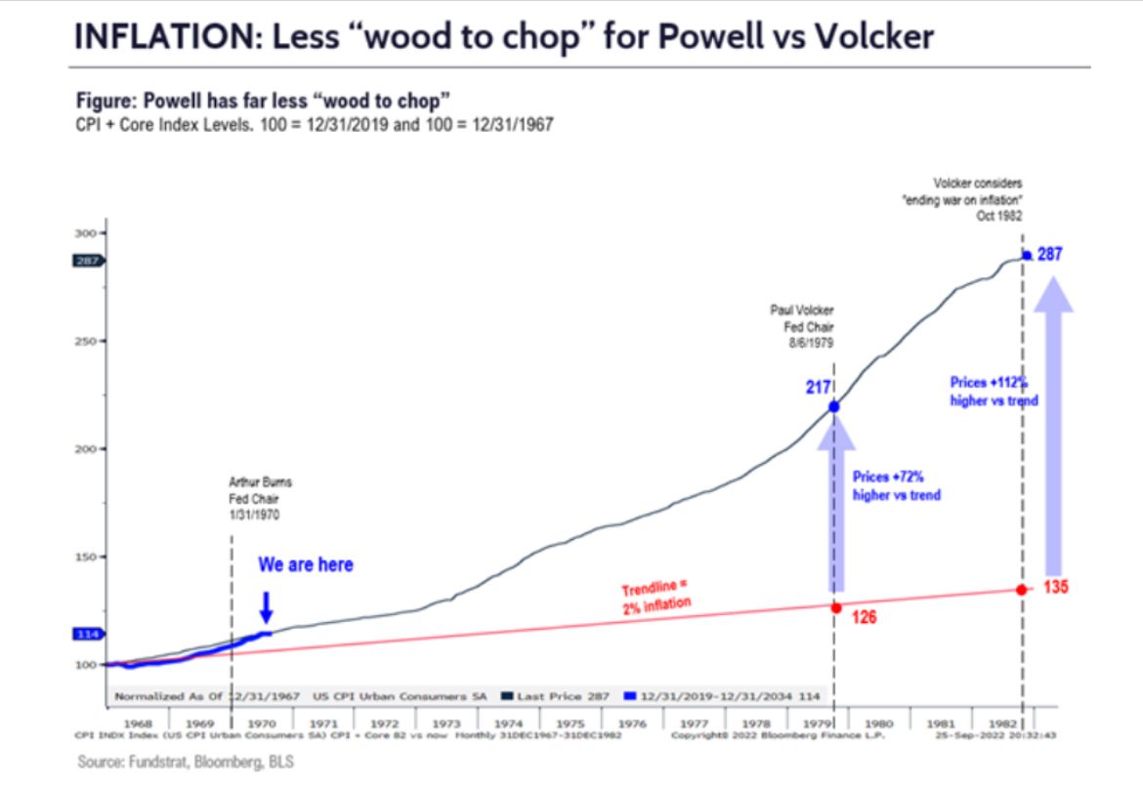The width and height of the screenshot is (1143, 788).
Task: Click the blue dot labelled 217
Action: (833, 406)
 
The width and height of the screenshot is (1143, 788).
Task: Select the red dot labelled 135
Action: (1021, 590)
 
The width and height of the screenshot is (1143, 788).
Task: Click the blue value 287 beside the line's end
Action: (1049, 254)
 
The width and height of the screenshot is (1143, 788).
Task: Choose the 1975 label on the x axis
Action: (571, 724)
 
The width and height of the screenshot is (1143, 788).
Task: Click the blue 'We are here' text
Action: (306, 565)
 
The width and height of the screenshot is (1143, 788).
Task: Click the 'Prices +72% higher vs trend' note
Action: (896, 486)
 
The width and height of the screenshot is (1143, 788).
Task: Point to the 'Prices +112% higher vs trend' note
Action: (994, 392)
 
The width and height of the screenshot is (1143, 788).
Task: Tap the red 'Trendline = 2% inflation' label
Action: (656, 596)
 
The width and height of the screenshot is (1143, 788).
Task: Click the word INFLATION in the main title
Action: (158, 36)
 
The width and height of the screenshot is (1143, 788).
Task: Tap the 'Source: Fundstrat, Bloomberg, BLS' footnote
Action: (185, 763)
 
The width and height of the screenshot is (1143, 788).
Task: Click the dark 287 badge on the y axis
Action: (86, 261)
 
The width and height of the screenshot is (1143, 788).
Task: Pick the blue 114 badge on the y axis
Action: (86, 634)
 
